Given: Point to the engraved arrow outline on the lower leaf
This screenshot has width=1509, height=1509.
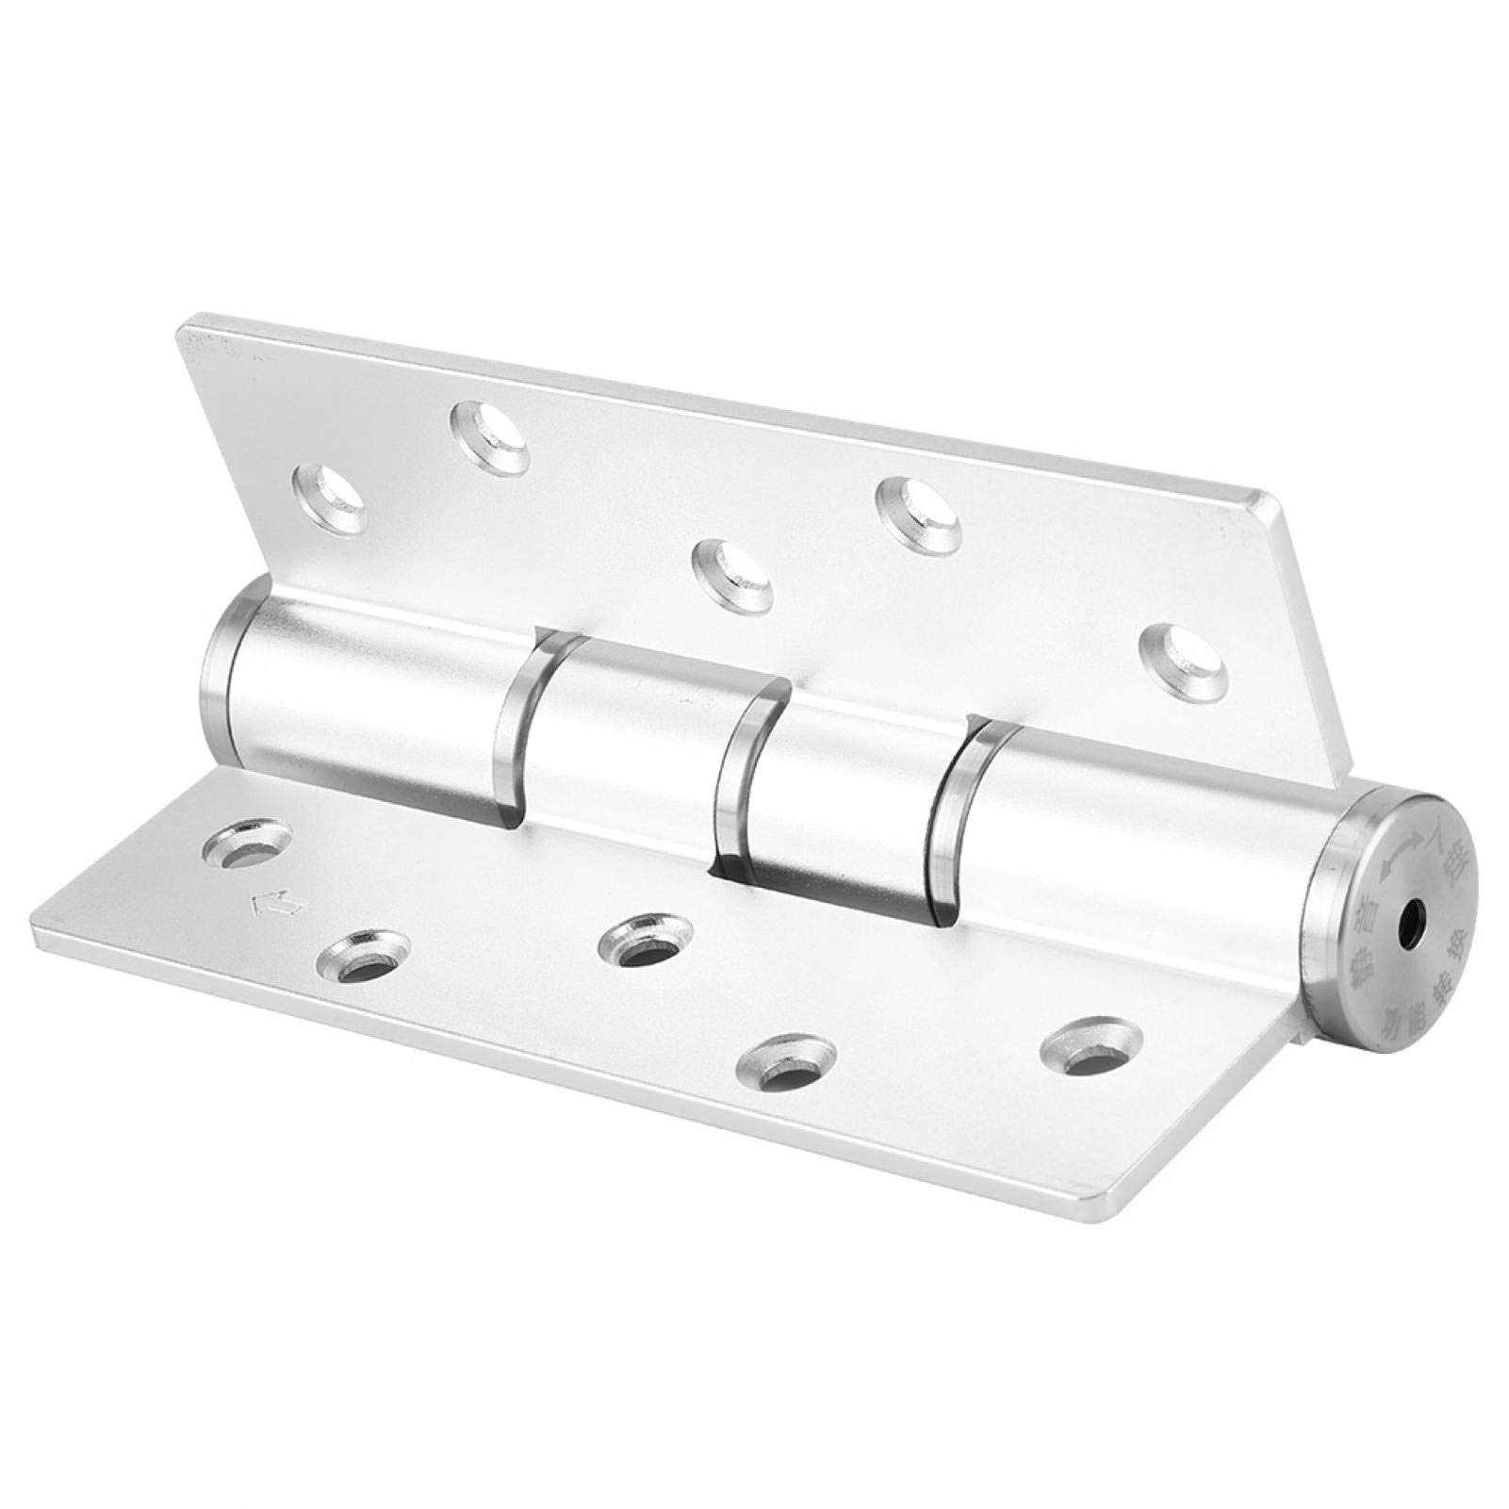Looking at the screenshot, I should point(275,905).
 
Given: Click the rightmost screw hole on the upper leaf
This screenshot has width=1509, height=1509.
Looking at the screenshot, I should point(1182,651).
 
